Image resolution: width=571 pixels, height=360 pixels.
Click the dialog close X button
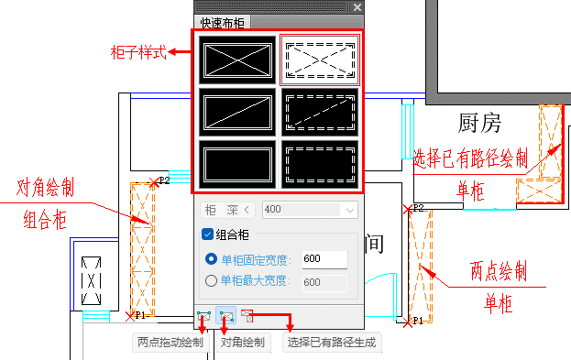point(357,7)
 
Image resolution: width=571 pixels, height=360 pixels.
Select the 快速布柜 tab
point(222,23)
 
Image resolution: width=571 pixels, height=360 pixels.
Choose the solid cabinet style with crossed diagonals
point(237,60)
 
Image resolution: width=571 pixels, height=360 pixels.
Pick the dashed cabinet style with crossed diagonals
point(320,60)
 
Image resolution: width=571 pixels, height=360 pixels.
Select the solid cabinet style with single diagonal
point(237,113)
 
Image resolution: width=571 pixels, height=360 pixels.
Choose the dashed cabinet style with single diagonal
point(320,113)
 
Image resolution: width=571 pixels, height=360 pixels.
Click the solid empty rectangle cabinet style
point(237,165)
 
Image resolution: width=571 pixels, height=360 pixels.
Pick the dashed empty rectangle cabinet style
point(320,165)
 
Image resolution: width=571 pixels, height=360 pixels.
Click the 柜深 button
point(227,210)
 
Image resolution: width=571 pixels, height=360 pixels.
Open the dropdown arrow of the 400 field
point(349,211)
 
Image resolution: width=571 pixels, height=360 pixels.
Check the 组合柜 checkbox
point(207,235)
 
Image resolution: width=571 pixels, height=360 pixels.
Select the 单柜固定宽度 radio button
point(211,259)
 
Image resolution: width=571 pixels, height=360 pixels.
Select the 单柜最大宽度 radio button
point(211,280)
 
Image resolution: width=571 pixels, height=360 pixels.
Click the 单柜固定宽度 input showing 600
point(324,259)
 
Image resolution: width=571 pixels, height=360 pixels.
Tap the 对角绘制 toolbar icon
point(225,315)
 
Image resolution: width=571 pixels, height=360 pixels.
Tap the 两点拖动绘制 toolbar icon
point(203,316)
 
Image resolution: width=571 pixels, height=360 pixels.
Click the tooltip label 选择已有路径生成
point(332,343)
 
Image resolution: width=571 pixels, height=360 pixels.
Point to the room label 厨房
point(479,123)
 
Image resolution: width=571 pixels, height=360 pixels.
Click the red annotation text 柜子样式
point(138,52)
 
